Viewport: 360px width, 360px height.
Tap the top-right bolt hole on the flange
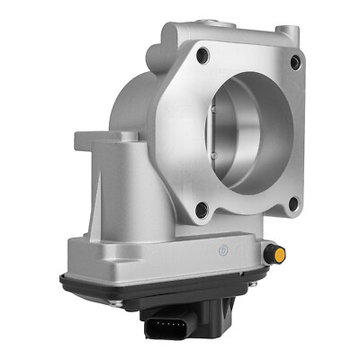pyautogui.click(x=295, y=61)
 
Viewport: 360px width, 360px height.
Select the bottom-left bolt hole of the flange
pyautogui.click(x=202, y=211)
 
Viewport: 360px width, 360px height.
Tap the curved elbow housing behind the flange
pyautogui.click(x=135, y=99)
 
